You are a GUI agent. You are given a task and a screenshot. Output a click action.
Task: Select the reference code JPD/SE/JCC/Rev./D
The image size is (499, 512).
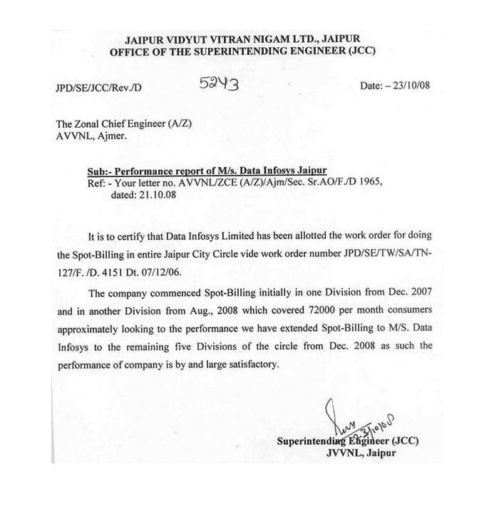click(x=98, y=89)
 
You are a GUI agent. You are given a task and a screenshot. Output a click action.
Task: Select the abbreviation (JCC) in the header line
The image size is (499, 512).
click(x=356, y=51)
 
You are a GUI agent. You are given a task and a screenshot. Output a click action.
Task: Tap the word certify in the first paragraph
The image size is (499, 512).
click(x=140, y=236)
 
